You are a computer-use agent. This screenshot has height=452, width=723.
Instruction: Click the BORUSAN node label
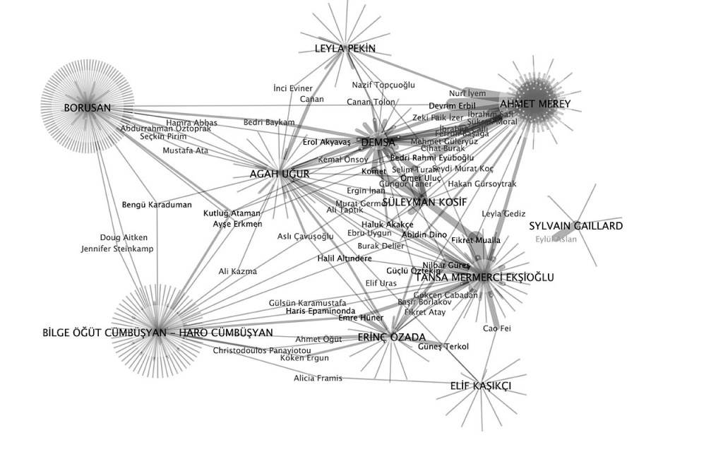click(x=88, y=108)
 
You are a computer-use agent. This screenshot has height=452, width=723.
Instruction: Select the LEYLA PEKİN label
click(x=345, y=49)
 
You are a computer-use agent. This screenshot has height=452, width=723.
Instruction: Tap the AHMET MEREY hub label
click(x=540, y=104)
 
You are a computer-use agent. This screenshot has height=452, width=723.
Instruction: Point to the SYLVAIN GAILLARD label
click(x=576, y=226)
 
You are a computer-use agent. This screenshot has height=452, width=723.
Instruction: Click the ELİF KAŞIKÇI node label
click(x=480, y=386)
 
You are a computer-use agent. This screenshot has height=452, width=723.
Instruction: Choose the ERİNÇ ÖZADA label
click(x=391, y=337)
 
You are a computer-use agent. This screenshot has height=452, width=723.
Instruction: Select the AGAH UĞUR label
click(x=280, y=174)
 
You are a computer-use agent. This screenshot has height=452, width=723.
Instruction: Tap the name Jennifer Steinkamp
click(x=117, y=249)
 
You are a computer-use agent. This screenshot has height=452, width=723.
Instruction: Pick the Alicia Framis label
click(x=318, y=379)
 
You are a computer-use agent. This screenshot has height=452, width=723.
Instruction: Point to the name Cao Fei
click(x=491, y=328)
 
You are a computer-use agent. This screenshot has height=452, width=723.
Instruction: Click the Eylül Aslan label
click(x=556, y=239)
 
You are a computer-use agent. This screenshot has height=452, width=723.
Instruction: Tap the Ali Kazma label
click(x=238, y=271)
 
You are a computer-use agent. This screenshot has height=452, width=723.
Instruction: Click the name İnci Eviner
click(x=292, y=88)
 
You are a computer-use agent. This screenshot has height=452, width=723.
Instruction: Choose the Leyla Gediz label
click(x=503, y=213)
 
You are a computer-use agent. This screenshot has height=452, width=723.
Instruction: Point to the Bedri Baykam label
click(x=269, y=122)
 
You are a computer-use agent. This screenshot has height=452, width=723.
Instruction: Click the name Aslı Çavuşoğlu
click(x=305, y=237)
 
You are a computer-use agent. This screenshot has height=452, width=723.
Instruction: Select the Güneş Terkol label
click(x=443, y=346)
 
